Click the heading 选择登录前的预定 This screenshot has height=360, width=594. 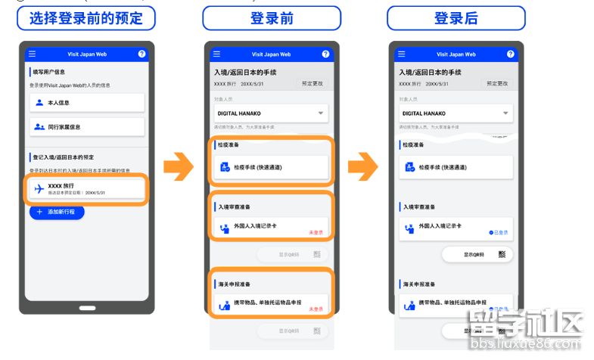[86, 18]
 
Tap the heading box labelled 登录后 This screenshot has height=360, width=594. [456, 18]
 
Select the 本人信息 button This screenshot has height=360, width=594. [86, 102]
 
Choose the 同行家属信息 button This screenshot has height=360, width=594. [86, 127]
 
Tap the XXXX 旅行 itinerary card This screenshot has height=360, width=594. [86, 189]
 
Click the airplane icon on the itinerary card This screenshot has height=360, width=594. [39, 189]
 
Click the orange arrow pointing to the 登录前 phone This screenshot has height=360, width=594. [179, 166]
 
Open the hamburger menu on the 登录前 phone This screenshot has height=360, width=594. [216, 54]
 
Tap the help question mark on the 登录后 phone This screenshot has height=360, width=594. [510, 54]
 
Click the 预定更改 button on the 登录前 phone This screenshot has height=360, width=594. [312, 83]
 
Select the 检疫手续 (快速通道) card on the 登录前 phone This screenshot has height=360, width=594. [270, 167]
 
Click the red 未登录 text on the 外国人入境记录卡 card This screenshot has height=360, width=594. [316, 232]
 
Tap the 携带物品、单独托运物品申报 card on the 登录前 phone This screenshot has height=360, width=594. [270, 306]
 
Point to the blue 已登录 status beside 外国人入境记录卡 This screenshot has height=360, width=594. [499, 232]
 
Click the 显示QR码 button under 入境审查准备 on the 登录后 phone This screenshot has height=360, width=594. [475, 255]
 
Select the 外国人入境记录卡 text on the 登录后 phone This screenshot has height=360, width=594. [440, 226]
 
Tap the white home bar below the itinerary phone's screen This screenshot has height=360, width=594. [87, 308]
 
